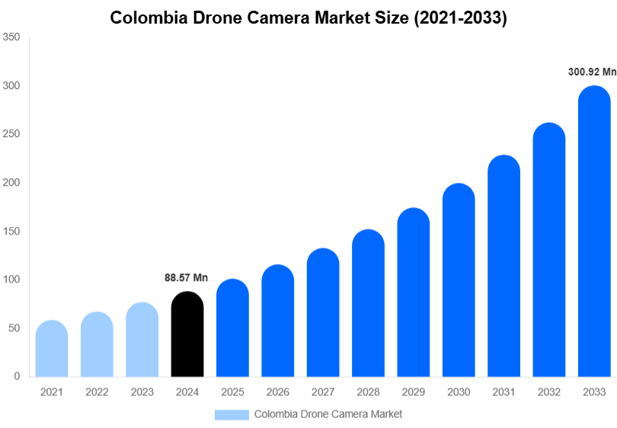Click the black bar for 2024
click(187, 335)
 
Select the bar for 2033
click(594, 232)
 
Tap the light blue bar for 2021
click(52, 349)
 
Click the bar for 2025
click(232, 328)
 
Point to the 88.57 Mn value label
click(186, 278)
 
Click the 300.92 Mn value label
click(592, 72)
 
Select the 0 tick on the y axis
click(16, 376)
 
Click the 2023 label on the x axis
click(142, 392)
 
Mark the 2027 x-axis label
click(323, 392)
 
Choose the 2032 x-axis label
click(548, 392)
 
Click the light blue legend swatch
click(232, 414)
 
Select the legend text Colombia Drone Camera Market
click(328, 414)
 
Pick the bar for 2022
click(97, 344)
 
